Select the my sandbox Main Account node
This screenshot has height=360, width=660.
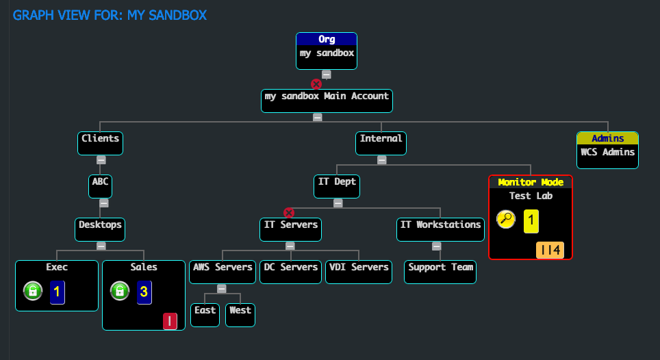point(327,100)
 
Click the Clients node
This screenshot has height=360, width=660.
point(100,142)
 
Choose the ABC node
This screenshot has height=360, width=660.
point(101,185)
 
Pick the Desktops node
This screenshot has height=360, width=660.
point(100,229)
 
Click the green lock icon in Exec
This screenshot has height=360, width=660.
point(32,292)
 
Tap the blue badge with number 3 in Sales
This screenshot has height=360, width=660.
point(144,292)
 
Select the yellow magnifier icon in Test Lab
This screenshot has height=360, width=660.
point(506,220)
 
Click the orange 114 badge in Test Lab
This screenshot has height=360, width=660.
point(550,250)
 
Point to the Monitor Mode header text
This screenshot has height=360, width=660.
point(531,182)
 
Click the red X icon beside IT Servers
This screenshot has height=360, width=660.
point(289,213)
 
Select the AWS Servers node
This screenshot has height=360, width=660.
point(223,271)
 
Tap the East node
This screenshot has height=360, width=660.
point(205,314)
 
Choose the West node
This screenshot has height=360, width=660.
point(240,314)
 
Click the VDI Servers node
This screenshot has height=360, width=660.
point(358,271)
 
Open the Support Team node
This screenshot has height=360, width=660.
point(440,271)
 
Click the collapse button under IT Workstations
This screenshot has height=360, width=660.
point(437,246)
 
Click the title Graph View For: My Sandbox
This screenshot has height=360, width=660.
point(110,15)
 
